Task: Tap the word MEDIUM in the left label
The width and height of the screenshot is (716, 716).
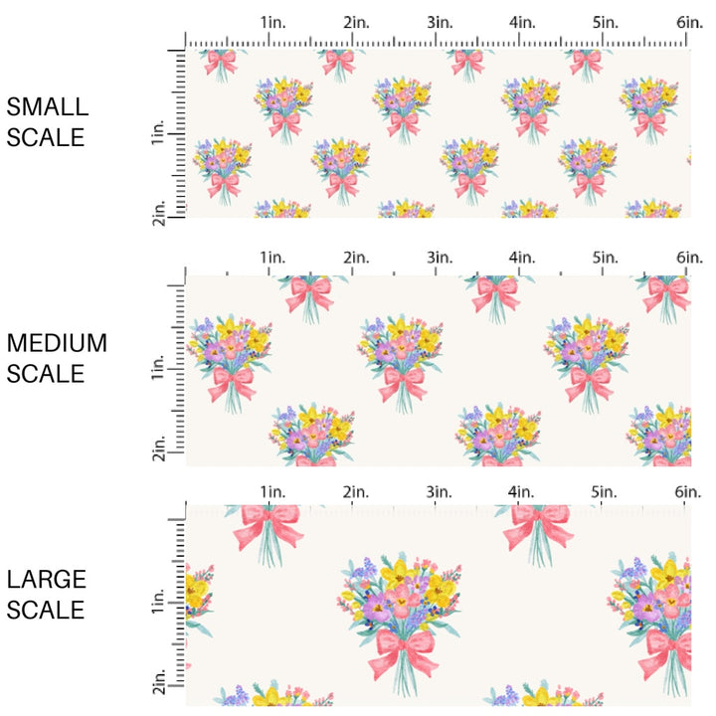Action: (57, 344)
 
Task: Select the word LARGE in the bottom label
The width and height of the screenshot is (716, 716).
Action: (47, 580)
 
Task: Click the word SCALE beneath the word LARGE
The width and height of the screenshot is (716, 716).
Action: (47, 610)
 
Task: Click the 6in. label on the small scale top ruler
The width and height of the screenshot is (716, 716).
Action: (689, 22)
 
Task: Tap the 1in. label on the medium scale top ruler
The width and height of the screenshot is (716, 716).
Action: (272, 258)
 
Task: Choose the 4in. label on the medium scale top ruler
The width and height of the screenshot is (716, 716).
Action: (522, 258)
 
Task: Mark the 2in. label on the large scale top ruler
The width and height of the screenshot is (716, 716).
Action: (355, 492)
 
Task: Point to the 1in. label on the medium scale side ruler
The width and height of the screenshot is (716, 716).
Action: (159, 370)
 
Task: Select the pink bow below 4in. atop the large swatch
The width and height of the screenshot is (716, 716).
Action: (537, 524)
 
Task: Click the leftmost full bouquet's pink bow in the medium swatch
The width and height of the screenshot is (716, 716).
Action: (231, 381)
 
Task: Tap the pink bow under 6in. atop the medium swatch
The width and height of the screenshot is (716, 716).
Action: (666, 291)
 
